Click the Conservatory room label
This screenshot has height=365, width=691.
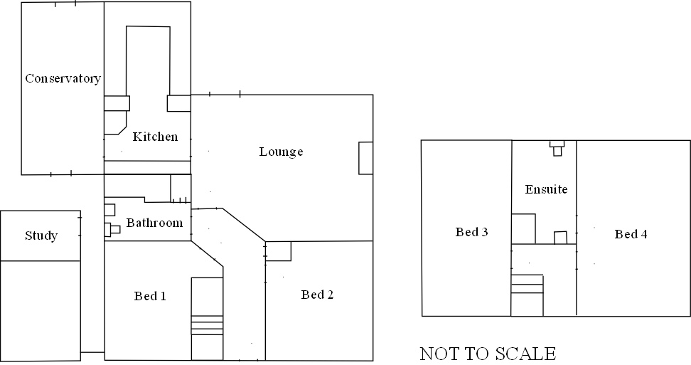click(x=63, y=78)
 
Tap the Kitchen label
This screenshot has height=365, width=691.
click(x=155, y=136)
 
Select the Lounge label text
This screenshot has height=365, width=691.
click(x=281, y=152)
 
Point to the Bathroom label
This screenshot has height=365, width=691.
click(x=154, y=223)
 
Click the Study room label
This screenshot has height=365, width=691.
click(x=41, y=236)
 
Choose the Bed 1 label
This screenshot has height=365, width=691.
click(x=150, y=296)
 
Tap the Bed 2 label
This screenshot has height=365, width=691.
click(x=317, y=295)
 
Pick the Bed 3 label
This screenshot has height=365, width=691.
click(x=472, y=232)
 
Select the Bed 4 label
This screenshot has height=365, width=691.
click(x=631, y=234)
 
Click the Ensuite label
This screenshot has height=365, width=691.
click(x=546, y=189)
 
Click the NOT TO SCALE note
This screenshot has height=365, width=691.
click(x=488, y=354)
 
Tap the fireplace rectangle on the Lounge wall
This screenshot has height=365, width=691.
click(x=365, y=158)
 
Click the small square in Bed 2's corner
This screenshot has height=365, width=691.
click(x=279, y=251)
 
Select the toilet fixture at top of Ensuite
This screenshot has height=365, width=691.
click(x=557, y=147)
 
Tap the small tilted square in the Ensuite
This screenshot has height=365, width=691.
click(x=561, y=238)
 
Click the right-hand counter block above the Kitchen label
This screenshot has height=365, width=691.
click(x=178, y=103)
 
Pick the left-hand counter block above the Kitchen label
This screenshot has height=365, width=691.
click(x=117, y=103)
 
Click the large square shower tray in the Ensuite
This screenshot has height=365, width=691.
click(x=523, y=229)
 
